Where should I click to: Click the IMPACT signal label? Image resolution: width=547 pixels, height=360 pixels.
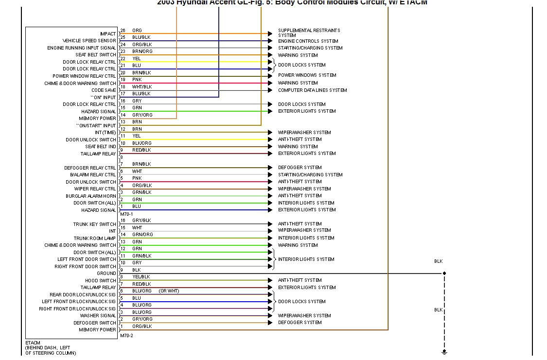tap(108, 34)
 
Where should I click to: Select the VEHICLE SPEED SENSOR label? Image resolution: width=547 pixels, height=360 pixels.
tap(89, 41)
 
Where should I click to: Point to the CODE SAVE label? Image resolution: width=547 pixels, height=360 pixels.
tap(104, 90)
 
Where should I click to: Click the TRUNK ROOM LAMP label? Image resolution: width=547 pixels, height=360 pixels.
tap(95, 239)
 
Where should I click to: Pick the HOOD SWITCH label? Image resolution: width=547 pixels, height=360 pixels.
tap(101, 281)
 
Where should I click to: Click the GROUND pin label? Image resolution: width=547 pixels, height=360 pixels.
tap(106, 274)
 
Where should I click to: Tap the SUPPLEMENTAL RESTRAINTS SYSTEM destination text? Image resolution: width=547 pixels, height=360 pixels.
tap(309, 33)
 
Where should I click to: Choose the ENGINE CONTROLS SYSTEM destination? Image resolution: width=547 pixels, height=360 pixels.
tap(308, 41)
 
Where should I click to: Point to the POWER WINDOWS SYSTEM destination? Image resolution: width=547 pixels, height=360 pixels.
tap(307, 75)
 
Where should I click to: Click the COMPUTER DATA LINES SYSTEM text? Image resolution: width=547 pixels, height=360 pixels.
tap(312, 90)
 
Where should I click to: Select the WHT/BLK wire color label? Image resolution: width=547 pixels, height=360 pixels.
tap(142, 87)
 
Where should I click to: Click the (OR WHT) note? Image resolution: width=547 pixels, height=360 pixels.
tap(169, 291)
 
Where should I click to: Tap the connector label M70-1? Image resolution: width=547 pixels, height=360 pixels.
tap(126, 214)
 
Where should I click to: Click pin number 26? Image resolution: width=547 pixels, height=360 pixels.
tap(123, 31)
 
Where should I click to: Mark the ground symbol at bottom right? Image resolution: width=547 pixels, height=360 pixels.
tap(444, 352)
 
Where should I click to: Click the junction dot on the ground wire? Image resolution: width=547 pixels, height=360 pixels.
tap(444, 274)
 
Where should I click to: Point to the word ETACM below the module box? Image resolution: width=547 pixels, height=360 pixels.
tap(33, 343)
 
